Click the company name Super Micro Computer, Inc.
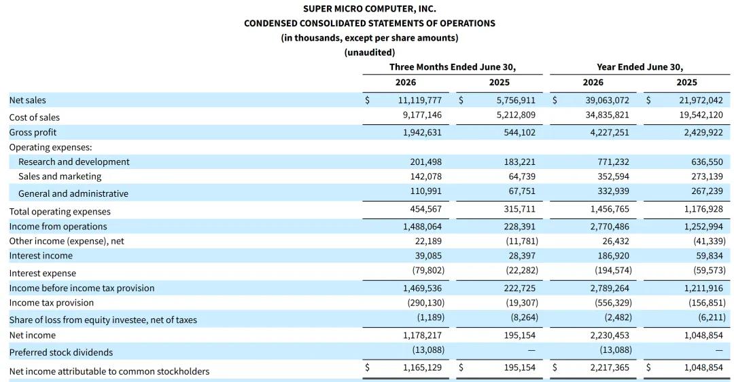tap(369, 9)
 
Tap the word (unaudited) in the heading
tap(369, 52)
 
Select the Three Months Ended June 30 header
tap(452, 67)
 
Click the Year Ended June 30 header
tap(640, 67)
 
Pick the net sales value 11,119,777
tap(419, 100)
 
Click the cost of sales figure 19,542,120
tap(701, 115)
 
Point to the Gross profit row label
tap(33, 132)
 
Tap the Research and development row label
tap(74, 161)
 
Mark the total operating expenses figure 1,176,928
tap(703, 209)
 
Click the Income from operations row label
tap(58, 227)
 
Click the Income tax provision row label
tap(52, 303)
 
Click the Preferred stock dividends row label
tap(61, 352)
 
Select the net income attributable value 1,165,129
tap(422, 368)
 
